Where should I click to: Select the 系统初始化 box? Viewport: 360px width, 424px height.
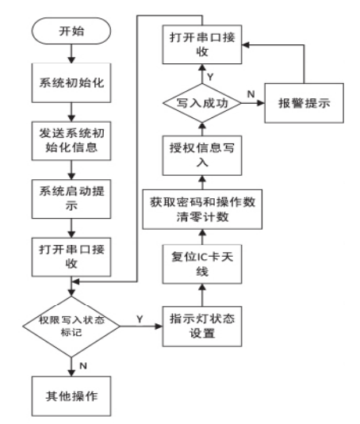click(x=71, y=82)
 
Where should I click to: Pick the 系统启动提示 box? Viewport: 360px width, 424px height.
click(x=71, y=198)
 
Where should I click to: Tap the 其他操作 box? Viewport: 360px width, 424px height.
click(x=71, y=395)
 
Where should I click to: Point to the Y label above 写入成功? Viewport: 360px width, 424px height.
click(x=211, y=77)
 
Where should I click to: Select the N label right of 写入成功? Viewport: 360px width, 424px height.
click(x=251, y=95)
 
